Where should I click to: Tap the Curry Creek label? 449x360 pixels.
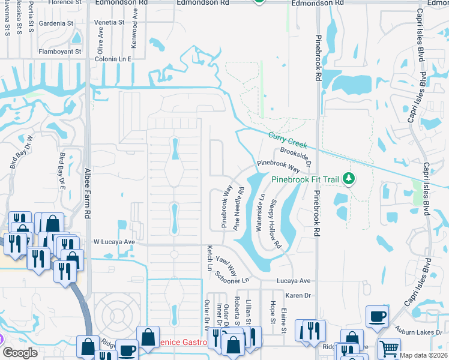tap(288, 140)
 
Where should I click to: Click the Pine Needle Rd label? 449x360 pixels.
tap(239, 209)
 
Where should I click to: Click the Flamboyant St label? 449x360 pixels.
tap(60, 52)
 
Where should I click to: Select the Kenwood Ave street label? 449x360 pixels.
tap(134, 35)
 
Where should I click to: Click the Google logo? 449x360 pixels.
tap(20, 353)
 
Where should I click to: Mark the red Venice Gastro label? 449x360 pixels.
tap(180, 343)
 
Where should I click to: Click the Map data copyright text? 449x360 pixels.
tap(423, 355)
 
